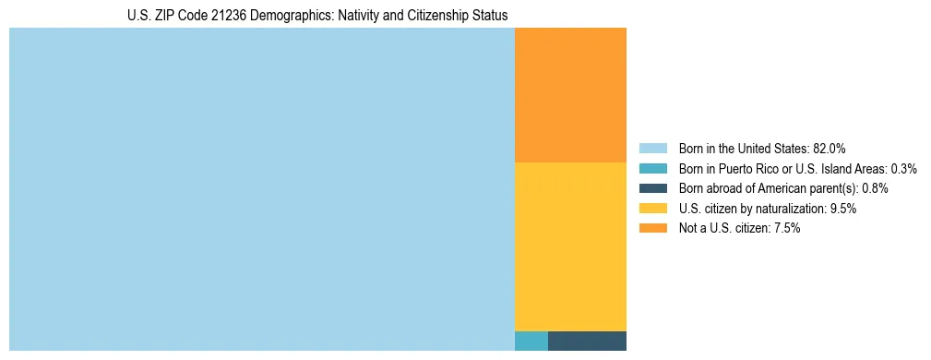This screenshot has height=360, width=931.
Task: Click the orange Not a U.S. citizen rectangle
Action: [570, 95]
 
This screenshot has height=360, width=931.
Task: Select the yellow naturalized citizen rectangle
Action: [570, 246]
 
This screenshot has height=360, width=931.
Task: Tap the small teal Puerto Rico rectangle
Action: [531, 341]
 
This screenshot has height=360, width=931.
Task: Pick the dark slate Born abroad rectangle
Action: [587, 341]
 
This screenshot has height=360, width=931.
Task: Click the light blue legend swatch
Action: [652, 149]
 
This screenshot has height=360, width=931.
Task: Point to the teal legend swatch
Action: [652, 169]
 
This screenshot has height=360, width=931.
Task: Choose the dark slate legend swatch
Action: [652, 188]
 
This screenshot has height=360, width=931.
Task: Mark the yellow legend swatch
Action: [652, 209]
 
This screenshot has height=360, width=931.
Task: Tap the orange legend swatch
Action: [652, 228]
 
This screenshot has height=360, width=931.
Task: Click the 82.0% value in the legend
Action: [829, 149]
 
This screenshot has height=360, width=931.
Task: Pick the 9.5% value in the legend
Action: [843, 209]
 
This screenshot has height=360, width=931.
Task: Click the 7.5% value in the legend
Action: [786, 228]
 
